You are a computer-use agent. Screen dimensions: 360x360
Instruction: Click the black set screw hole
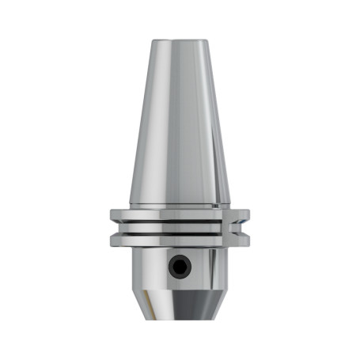tap(180, 267)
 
